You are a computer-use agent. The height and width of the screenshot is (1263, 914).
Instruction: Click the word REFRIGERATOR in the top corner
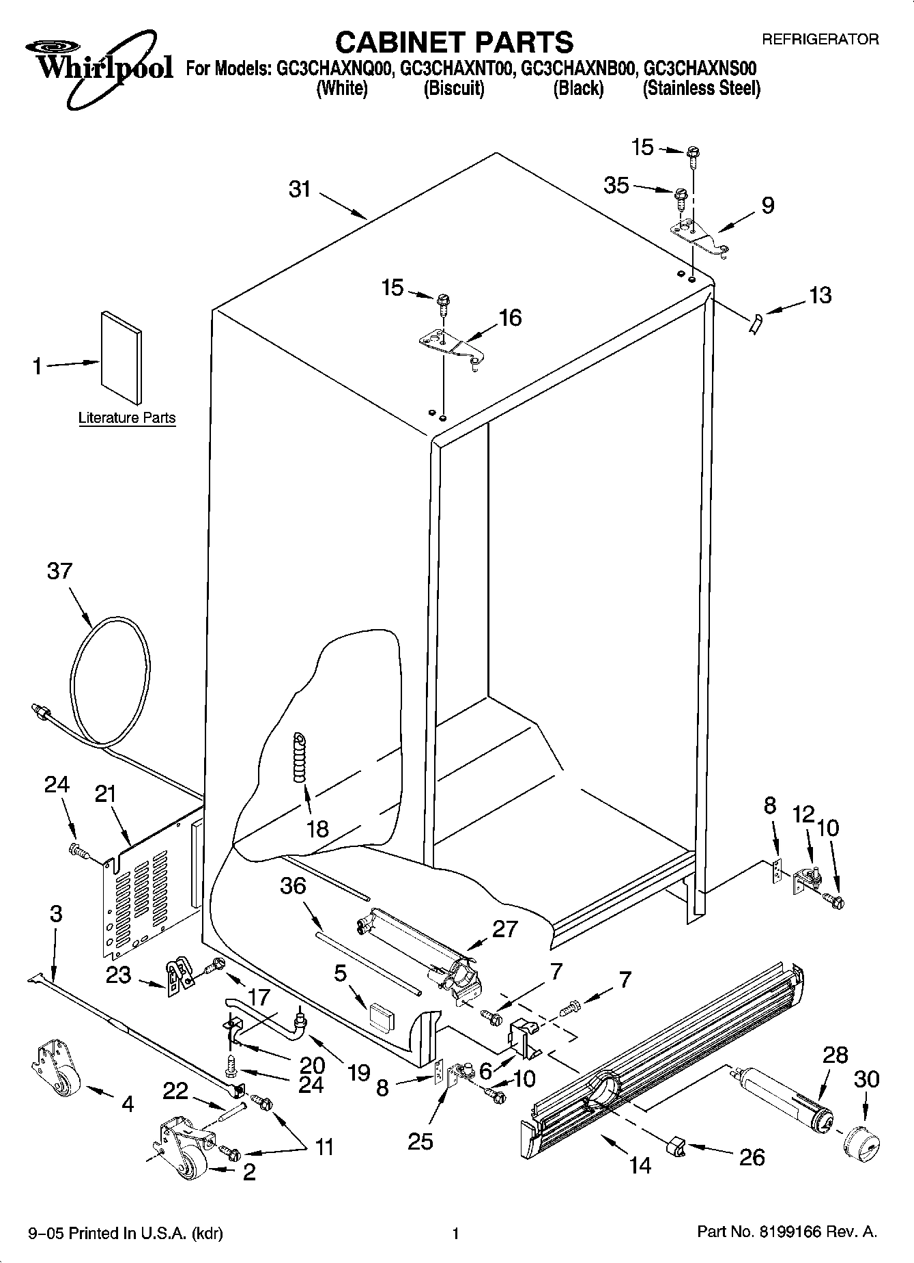coord(820,40)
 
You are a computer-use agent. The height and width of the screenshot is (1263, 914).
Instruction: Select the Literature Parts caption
coord(127,418)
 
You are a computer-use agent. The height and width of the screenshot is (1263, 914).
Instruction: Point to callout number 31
coord(300,189)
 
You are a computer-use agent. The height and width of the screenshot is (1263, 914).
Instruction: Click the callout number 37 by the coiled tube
coord(59,571)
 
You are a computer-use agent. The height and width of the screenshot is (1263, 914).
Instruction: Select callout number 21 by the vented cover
coord(105,794)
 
